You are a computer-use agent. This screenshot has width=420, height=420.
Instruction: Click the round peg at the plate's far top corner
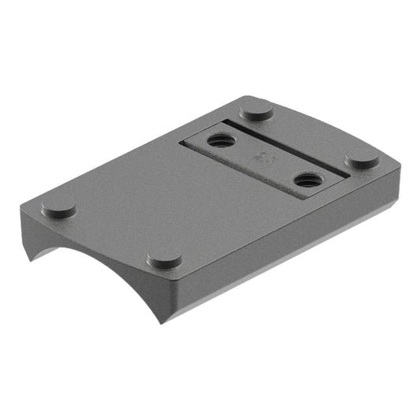pos(256,110)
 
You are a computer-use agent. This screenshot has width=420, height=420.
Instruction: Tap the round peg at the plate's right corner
pos(362,158)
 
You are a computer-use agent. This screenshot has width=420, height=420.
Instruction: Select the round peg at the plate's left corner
pos(58,208)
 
